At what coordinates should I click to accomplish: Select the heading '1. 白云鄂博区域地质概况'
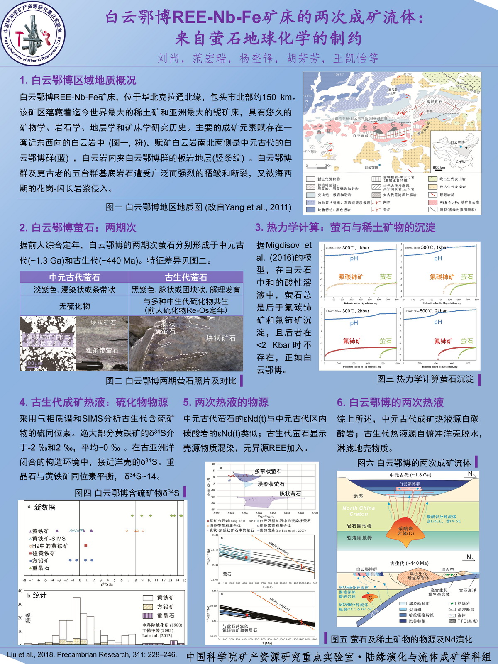pyautogui.click(x=78, y=80)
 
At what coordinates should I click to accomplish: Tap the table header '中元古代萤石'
pyautogui.click(x=75, y=277)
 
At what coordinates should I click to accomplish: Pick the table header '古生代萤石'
pyautogui.click(x=186, y=277)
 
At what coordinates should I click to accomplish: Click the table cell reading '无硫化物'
pyautogui.click(x=75, y=306)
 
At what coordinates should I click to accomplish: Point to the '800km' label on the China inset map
pyautogui.click(x=439, y=168)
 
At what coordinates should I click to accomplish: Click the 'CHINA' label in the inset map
pyautogui.click(x=461, y=161)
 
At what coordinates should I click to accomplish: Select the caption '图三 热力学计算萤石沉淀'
pyautogui.click(x=425, y=379)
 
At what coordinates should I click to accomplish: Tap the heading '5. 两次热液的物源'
pyautogui.click(x=226, y=402)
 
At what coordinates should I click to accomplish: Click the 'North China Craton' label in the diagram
pyautogui.click(x=359, y=511)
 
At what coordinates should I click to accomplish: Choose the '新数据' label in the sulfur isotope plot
pyautogui.click(x=44, y=508)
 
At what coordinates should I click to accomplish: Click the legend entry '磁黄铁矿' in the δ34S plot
pyautogui.click(x=44, y=553)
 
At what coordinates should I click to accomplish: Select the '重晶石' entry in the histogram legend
pyautogui.click(x=166, y=616)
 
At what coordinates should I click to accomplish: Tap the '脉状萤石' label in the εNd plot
pyautogui.click(x=290, y=494)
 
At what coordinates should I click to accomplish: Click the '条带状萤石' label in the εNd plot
pyautogui.click(x=268, y=471)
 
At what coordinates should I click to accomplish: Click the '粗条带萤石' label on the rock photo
pyautogui.click(x=102, y=350)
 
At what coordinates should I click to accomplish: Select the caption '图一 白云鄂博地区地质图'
pyautogui.click(x=198, y=207)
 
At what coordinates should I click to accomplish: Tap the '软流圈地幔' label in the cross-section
pyautogui.click(x=359, y=538)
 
